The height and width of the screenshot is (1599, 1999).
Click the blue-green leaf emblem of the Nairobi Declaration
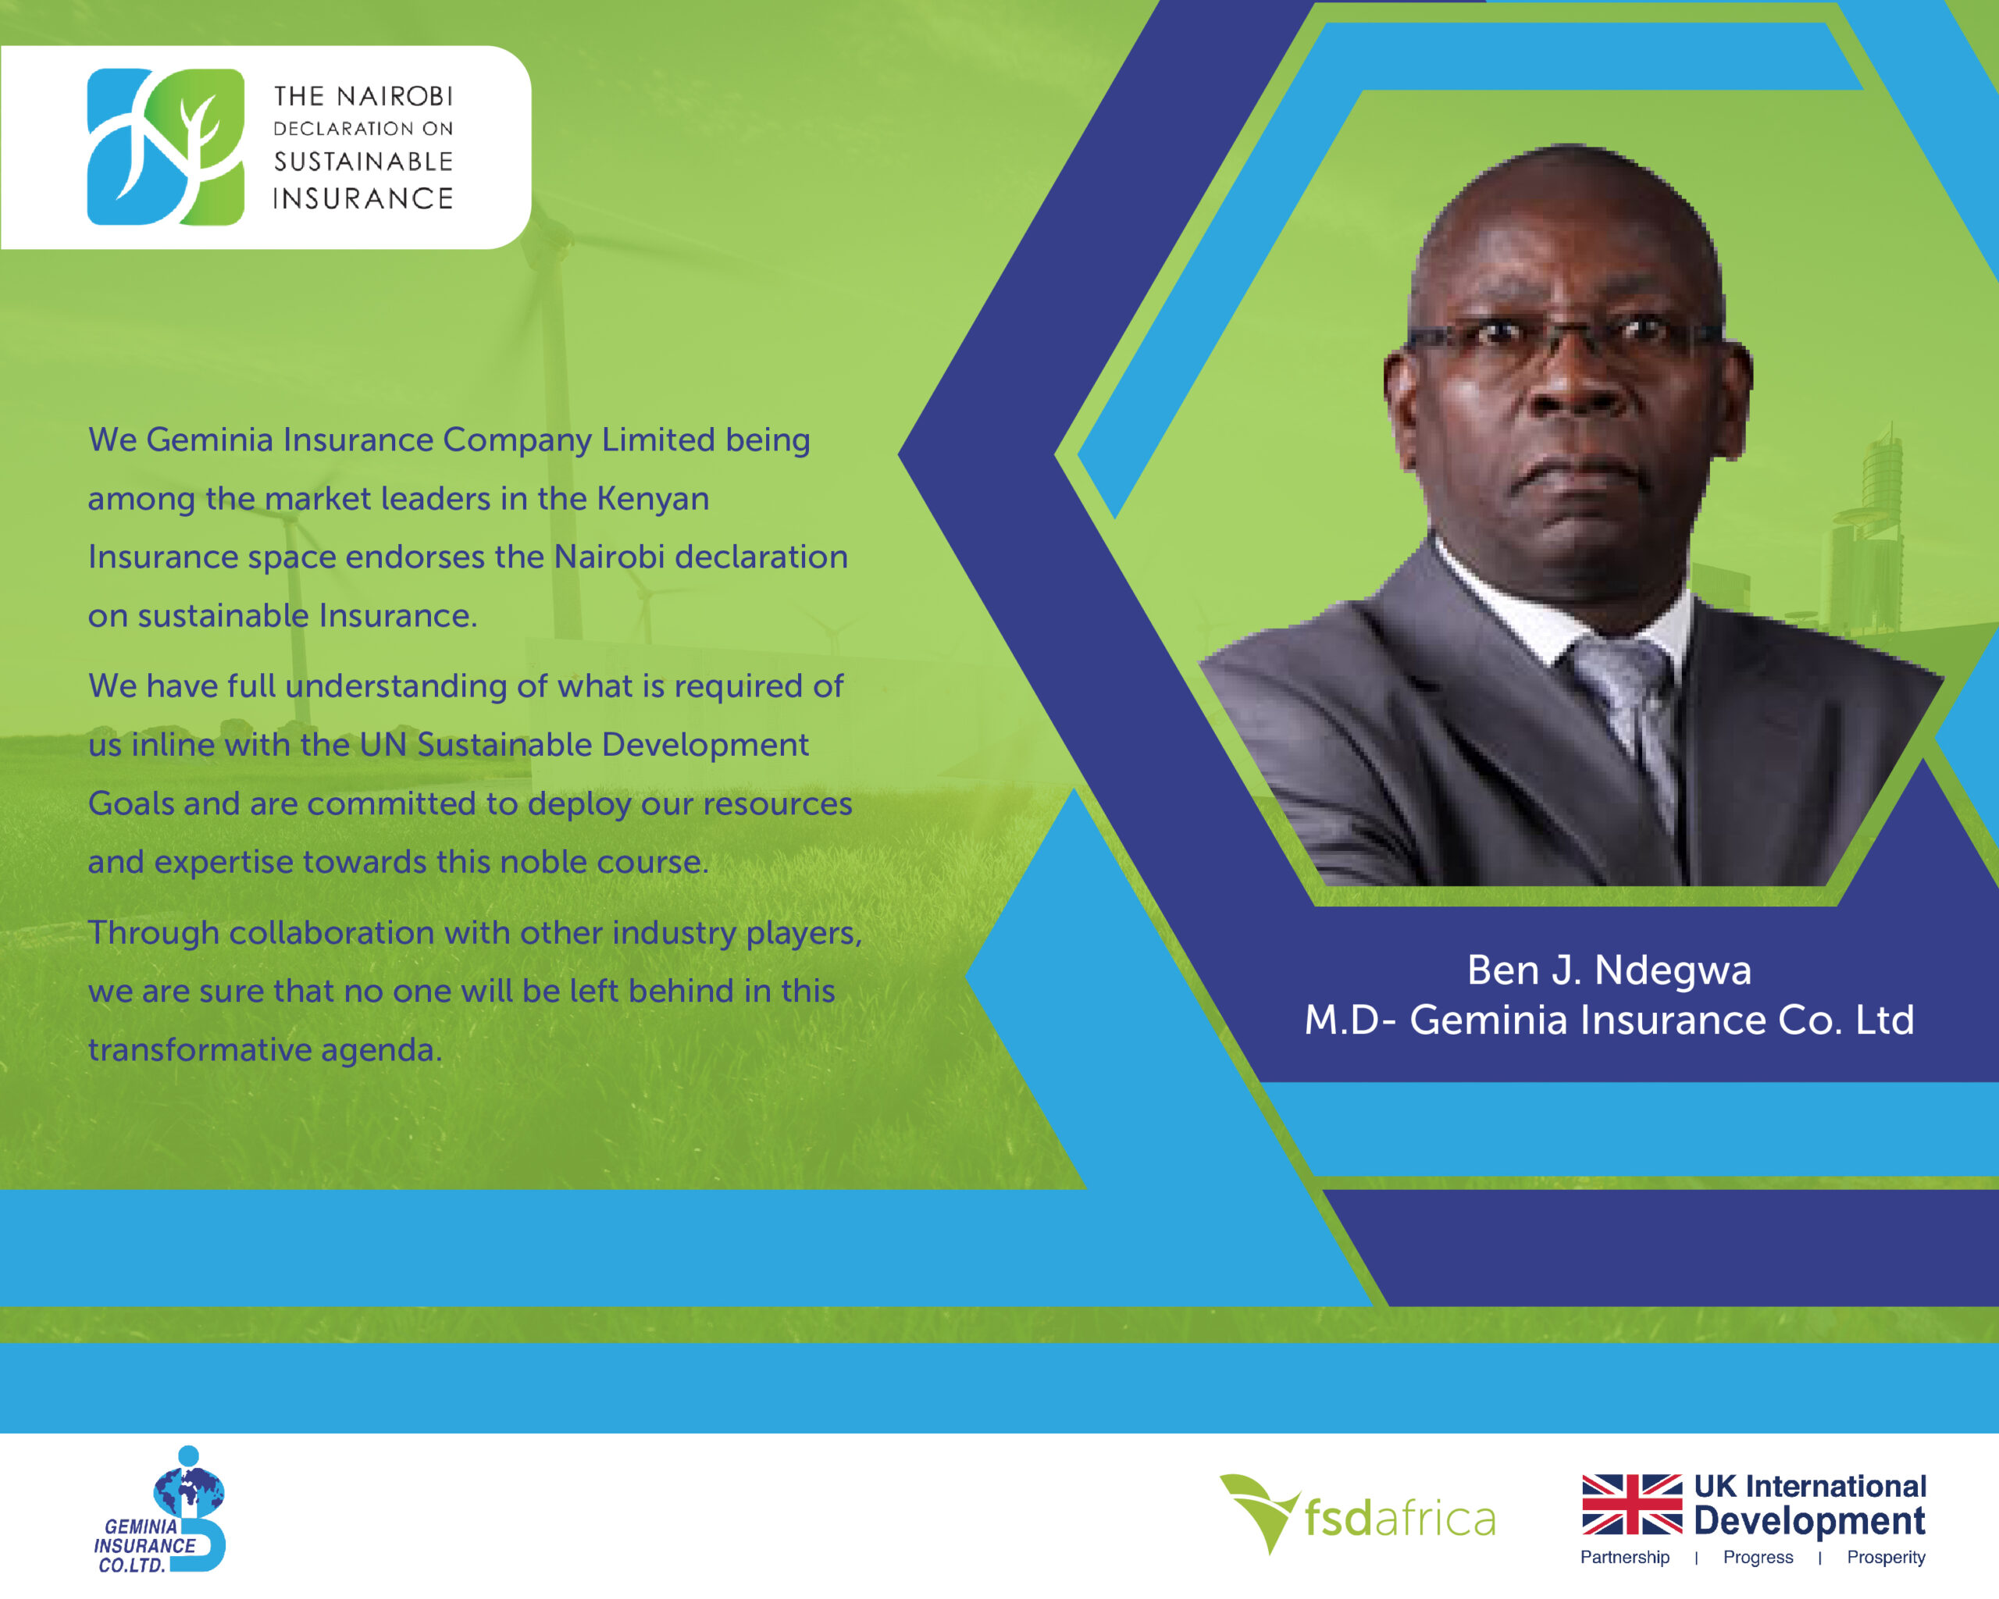point(165,147)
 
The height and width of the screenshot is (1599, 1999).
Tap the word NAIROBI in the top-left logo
point(395,96)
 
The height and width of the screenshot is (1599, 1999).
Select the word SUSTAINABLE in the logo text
point(363,162)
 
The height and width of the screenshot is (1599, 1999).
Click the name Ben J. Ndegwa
point(1609,970)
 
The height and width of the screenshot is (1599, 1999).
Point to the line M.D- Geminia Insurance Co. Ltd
point(1609,1020)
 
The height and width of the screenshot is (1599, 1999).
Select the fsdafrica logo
point(1357,1516)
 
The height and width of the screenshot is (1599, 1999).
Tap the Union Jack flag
point(1632,1505)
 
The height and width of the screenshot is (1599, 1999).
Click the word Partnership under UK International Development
point(1624,1558)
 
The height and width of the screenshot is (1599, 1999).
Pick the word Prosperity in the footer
point(1886,1558)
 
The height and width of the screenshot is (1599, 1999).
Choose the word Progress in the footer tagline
point(1758,1558)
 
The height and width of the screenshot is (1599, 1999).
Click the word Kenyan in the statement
point(653,499)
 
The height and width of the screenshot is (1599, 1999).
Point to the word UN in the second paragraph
point(383,744)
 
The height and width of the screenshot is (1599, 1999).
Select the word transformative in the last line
point(199,1049)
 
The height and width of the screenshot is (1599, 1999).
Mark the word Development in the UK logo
point(1810,1522)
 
